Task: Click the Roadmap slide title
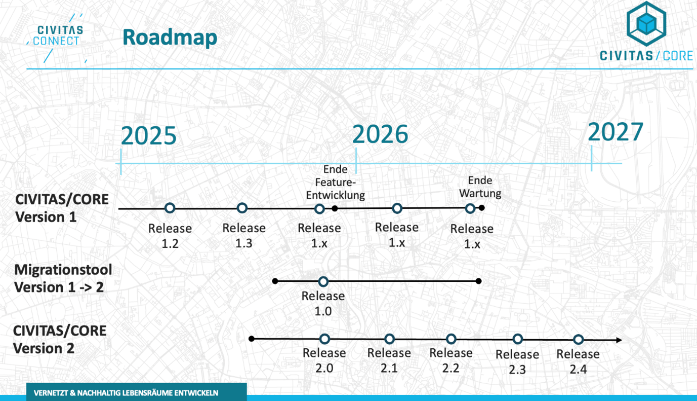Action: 170,38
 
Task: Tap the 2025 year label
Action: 149,136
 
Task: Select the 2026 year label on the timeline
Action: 380,134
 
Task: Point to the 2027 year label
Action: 615,132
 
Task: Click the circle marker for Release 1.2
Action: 170,208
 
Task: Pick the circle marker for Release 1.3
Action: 242,208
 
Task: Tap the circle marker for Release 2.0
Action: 324,339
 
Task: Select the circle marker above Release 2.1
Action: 389,339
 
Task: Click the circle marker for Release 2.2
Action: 451,339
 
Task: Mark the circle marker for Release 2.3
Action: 517,339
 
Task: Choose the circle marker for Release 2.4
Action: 578,340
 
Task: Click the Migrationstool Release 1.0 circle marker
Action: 323,281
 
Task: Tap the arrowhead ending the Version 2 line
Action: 619,340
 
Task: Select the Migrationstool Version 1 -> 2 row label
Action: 63,278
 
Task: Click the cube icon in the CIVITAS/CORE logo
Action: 646,23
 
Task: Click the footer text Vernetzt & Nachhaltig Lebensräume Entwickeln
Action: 126,393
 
